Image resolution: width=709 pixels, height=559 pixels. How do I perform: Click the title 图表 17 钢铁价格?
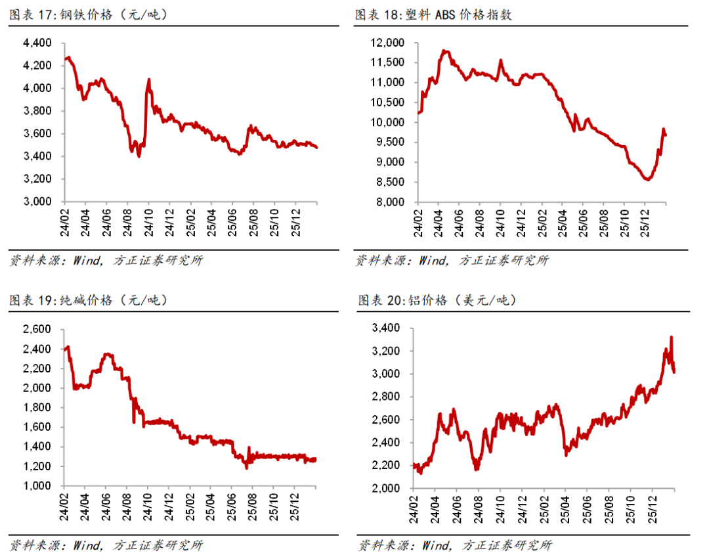89,15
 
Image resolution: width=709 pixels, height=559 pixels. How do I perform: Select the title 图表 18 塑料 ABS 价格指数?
433,15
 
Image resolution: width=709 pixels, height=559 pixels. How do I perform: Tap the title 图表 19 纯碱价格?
89,300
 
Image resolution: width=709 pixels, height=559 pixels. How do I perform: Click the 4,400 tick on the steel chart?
37,43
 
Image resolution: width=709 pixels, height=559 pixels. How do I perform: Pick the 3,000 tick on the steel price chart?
37,202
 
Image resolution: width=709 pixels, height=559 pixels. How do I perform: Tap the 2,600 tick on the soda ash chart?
37,329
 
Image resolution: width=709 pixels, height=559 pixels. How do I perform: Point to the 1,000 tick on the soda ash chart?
37,486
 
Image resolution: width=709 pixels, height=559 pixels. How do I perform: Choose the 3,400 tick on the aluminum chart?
387,328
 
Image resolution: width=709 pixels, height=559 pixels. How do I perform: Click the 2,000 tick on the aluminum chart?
387,489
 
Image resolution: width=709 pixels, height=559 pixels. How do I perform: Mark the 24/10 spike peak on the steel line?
149,79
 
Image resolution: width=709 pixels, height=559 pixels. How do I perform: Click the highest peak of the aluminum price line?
671,338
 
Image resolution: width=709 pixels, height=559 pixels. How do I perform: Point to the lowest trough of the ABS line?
648,179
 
